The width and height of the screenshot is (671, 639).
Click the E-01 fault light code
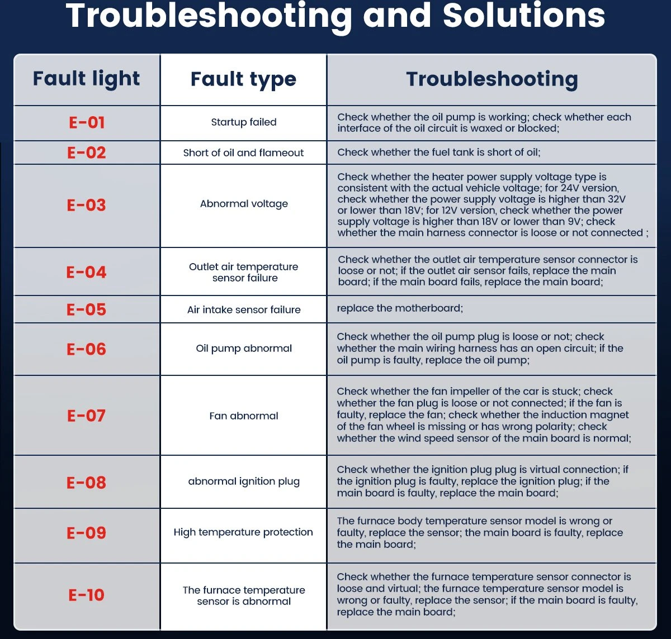pos(87,122)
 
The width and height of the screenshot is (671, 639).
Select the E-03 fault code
pos(87,205)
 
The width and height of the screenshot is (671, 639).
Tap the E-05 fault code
pos(87,309)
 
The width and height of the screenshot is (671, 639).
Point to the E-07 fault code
pos(87,416)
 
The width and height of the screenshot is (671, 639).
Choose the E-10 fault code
pos(87,595)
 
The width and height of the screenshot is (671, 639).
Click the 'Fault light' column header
pos(87,79)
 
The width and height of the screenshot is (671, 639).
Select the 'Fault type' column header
pos(243,79)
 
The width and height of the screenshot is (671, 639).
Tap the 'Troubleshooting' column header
pos(492,79)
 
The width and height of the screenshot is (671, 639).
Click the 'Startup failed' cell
pos(244,122)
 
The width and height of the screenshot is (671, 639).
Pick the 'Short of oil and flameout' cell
pos(243,152)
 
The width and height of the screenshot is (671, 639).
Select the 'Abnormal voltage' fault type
pos(244,204)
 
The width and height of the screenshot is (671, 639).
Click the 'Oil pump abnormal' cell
pos(244,349)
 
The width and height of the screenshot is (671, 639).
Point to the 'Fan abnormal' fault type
pos(244,416)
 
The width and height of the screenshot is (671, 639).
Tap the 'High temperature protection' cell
pos(243,532)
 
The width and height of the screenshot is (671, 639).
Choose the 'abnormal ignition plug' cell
pos(244,481)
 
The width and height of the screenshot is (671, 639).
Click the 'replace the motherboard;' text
pos(400,308)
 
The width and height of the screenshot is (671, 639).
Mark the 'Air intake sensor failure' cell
pos(244,309)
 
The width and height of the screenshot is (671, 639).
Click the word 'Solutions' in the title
pos(524,16)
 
